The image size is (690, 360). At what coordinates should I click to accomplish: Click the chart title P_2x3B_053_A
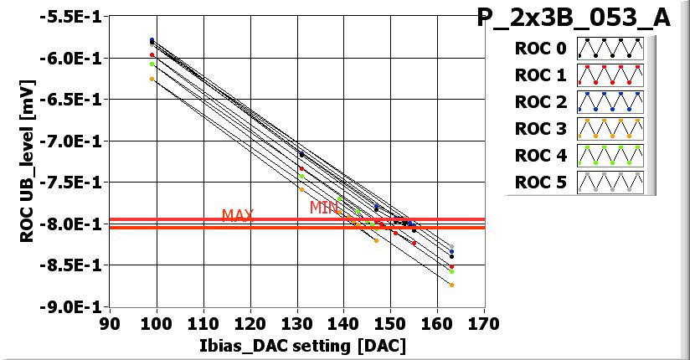click(x=574, y=18)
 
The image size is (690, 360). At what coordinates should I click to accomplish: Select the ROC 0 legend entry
click(x=541, y=49)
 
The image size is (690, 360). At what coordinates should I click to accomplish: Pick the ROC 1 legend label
click(x=541, y=75)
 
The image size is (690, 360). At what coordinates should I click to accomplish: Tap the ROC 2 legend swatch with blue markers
click(x=610, y=102)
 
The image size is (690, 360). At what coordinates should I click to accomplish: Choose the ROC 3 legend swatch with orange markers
click(x=610, y=129)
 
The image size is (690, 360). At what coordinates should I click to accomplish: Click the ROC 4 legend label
click(x=541, y=156)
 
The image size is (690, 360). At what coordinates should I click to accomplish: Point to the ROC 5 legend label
click(x=541, y=183)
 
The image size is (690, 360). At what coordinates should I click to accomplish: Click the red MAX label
click(x=238, y=215)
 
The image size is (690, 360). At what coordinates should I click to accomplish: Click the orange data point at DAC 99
click(x=152, y=79)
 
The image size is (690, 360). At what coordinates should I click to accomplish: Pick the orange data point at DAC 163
click(x=451, y=285)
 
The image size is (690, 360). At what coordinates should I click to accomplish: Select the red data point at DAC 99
click(x=152, y=55)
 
